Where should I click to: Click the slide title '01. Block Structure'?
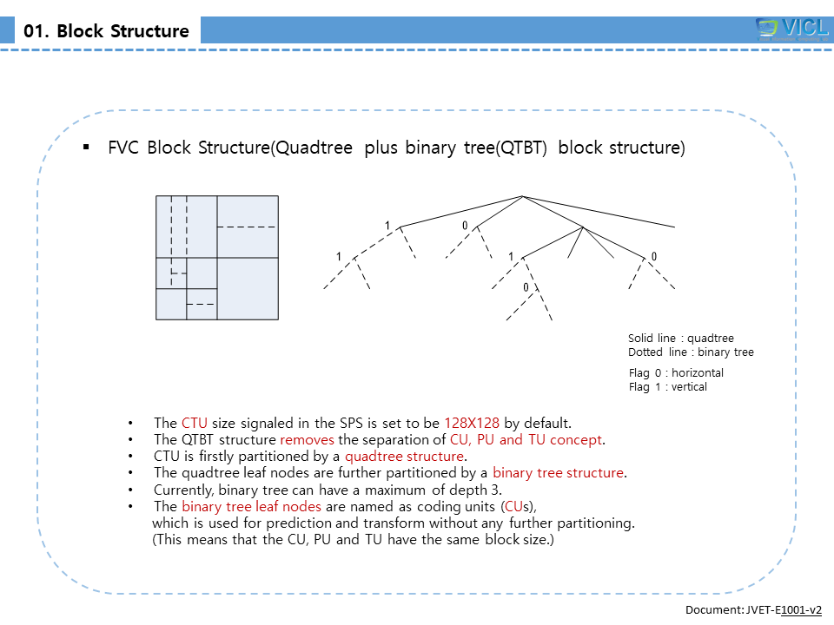click(x=107, y=31)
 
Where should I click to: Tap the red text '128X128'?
click(x=472, y=424)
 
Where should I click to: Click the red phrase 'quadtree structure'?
click(x=405, y=457)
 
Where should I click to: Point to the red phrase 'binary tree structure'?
click(x=558, y=473)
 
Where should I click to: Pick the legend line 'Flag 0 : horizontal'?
click(x=676, y=373)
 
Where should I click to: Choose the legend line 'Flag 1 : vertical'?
click(x=668, y=387)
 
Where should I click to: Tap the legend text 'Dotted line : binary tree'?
click(x=691, y=352)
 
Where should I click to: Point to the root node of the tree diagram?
click(x=522, y=195)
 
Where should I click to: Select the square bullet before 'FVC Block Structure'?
click(x=86, y=147)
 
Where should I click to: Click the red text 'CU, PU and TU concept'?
click(x=526, y=440)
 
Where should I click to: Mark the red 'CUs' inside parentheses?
click(x=513, y=506)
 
